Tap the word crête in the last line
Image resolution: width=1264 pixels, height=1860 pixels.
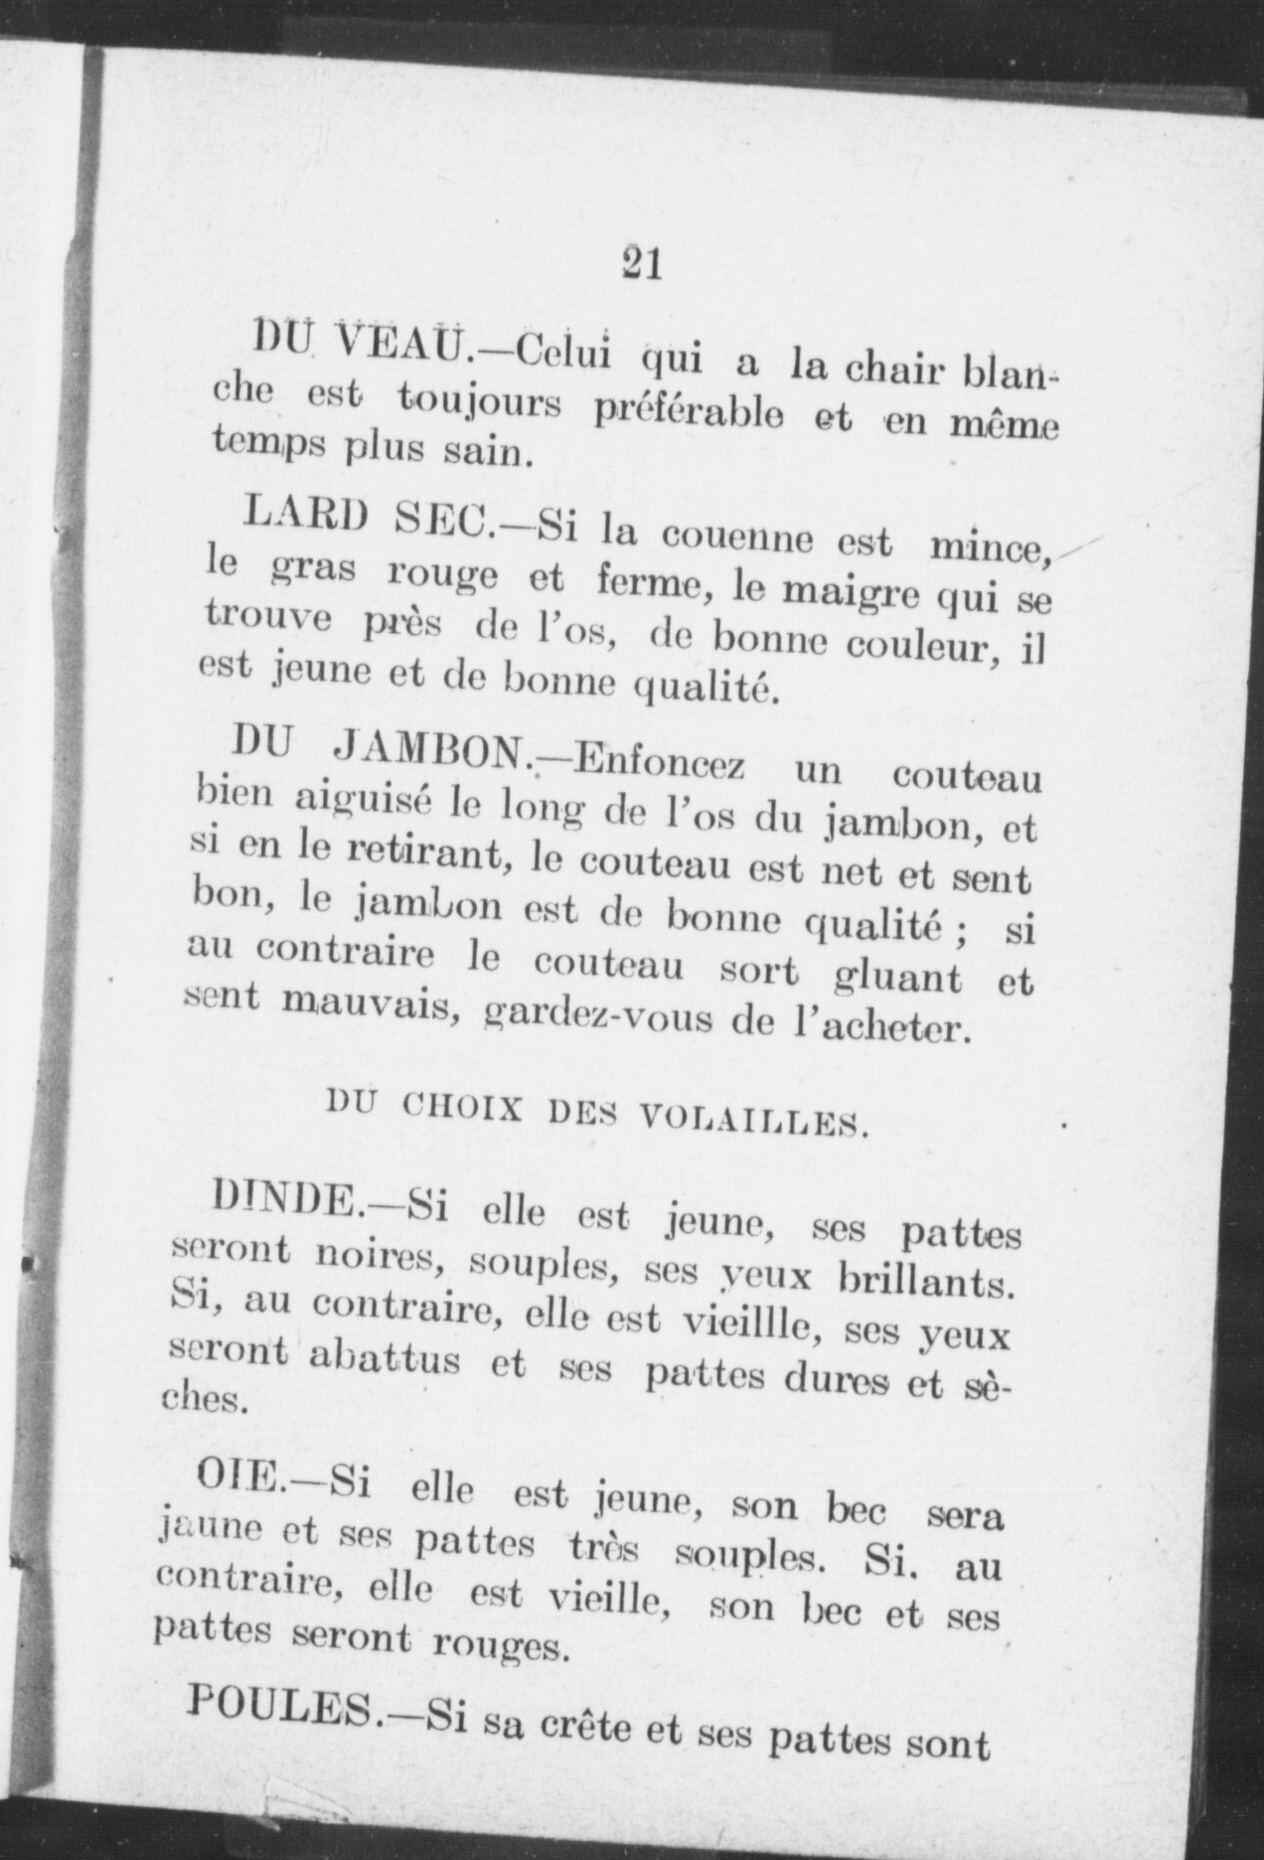pyautogui.click(x=584, y=1730)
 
